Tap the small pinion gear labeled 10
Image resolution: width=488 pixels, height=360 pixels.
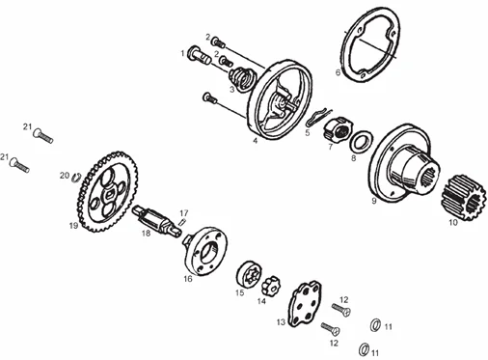pyautogui.click(x=457, y=198)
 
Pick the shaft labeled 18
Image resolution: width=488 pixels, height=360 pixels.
pyautogui.click(x=156, y=221)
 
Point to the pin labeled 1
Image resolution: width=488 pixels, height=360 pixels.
pyautogui.click(x=198, y=55)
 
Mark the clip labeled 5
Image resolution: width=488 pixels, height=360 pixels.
pyautogui.click(x=318, y=117)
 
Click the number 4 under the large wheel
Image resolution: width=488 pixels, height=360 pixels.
pyautogui.click(x=256, y=141)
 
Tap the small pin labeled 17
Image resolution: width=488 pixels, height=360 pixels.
pyautogui.click(x=182, y=223)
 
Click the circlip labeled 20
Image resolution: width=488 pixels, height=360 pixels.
pyautogui.click(x=76, y=178)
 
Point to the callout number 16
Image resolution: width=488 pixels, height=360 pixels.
pyautogui.click(x=188, y=279)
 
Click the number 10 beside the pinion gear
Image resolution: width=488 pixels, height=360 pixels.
pyautogui.click(x=453, y=223)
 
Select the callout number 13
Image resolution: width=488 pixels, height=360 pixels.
pyautogui.click(x=281, y=322)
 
